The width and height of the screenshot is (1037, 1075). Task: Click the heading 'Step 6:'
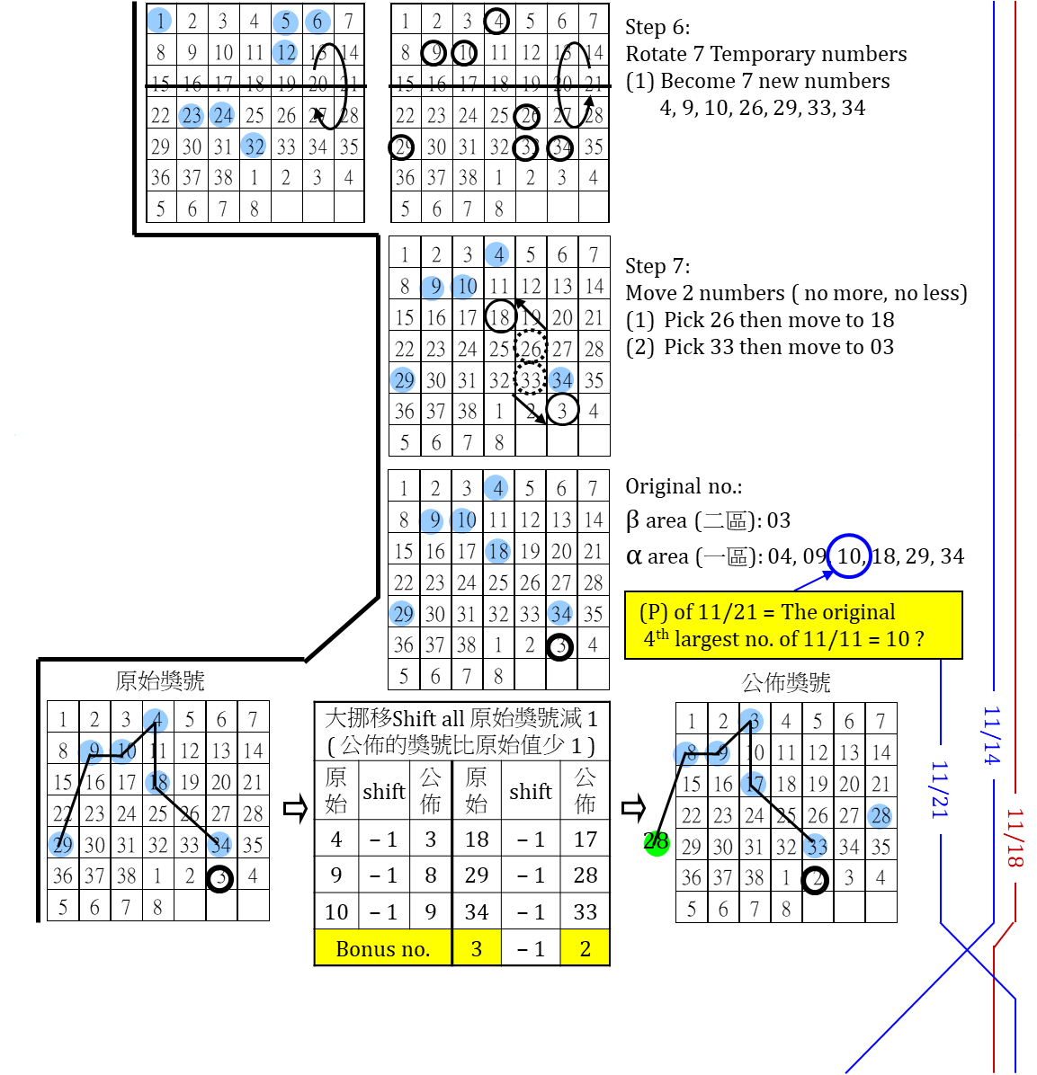(x=657, y=27)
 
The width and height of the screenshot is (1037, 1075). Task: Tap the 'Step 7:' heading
(x=657, y=266)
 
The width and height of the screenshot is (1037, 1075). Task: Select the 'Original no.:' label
(x=684, y=487)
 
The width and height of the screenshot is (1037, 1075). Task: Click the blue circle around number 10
(x=849, y=555)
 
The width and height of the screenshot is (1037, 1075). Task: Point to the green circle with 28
(x=656, y=842)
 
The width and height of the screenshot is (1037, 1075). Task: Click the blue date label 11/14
(x=991, y=735)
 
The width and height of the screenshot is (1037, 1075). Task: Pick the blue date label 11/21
(x=939, y=789)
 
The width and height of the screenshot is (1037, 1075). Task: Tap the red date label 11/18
(x=1015, y=838)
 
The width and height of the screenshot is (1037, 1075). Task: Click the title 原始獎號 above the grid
(x=160, y=681)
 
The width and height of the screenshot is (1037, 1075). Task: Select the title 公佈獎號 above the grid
(x=785, y=683)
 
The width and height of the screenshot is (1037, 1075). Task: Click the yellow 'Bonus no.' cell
(x=382, y=948)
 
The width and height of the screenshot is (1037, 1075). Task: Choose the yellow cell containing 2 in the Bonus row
(x=585, y=948)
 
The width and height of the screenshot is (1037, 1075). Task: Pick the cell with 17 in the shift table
(x=585, y=840)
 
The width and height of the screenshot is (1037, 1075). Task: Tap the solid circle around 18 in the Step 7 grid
(x=500, y=316)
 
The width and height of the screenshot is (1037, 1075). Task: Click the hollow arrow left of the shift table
(x=295, y=808)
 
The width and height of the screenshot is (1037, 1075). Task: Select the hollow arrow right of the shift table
(x=633, y=808)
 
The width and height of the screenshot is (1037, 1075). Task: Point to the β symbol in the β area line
(x=632, y=521)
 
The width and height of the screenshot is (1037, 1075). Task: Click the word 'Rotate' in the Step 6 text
(x=657, y=54)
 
